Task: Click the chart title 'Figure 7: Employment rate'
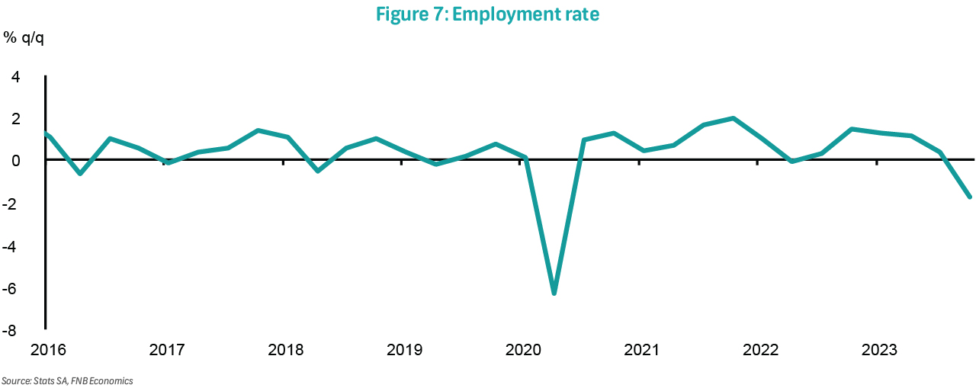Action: click(x=487, y=14)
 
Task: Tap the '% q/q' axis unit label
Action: click(x=24, y=38)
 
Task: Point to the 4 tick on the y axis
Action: click(x=14, y=76)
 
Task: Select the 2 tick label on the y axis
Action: click(x=14, y=119)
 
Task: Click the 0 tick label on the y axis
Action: click(x=14, y=161)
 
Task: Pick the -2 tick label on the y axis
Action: click(x=11, y=204)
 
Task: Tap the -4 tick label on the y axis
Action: click(x=11, y=247)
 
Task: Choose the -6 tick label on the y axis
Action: click(x=11, y=290)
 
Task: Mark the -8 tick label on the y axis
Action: click(x=11, y=332)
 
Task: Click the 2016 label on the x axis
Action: click(x=48, y=350)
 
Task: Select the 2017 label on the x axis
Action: click(x=167, y=350)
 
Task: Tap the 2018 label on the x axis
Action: click(x=285, y=350)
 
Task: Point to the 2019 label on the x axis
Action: click(x=404, y=350)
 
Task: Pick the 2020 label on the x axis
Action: click(x=522, y=350)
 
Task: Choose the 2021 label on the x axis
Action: click(x=641, y=350)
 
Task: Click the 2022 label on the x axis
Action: click(x=760, y=350)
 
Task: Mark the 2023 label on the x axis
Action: click(x=878, y=350)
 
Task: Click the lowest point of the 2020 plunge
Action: click(x=554, y=293)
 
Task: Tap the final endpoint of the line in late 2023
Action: click(x=969, y=197)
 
